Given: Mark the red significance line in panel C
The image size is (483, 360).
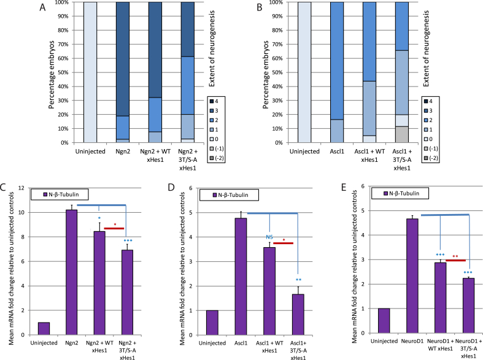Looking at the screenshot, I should [114, 228].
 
